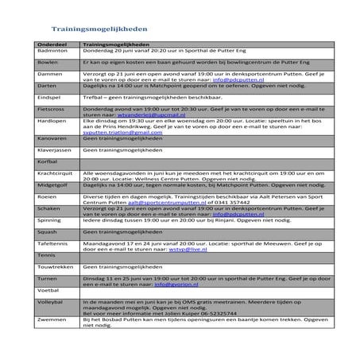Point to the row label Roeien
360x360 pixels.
click(47, 194)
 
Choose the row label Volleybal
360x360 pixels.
click(50, 303)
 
